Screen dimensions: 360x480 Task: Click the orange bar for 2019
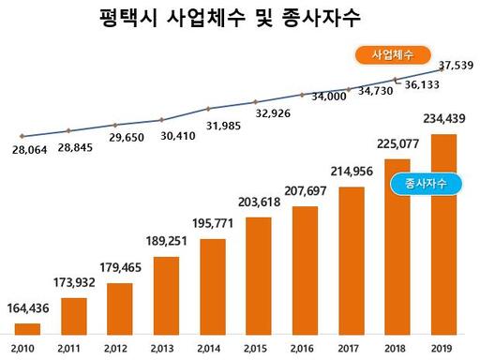click(443, 233)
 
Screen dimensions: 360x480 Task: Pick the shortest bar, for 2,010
click(28, 327)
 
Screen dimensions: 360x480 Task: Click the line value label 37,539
click(455, 65)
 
